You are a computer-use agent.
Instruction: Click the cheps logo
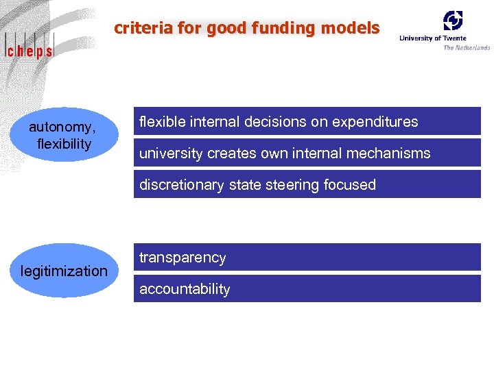pyautogui.click(x=30, y=49)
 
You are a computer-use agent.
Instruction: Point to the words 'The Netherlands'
pyautogui.click(x=467, y=47)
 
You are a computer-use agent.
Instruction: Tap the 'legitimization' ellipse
pyautogui.click(x=64, y=271)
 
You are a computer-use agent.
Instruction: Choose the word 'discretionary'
pyautogui.click(x=181, y=185)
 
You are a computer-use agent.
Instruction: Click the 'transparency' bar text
pyautogui.click(x=183, y=258)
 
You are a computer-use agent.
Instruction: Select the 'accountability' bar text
pyautogui.click(x=185, y=289)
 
